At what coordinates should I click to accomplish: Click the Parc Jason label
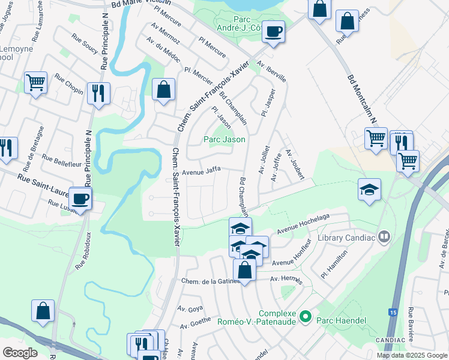coord(224,139)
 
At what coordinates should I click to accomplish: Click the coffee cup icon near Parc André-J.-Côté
coord(273,31)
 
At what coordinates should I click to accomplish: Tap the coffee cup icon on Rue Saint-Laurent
coord(80,197)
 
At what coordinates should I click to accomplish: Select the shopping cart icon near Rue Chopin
coord(35,82)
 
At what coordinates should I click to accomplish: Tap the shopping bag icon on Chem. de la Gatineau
coord(245,269)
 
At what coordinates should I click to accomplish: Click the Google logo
coord(20,353)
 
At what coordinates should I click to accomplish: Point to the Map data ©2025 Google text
coord(412,355)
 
